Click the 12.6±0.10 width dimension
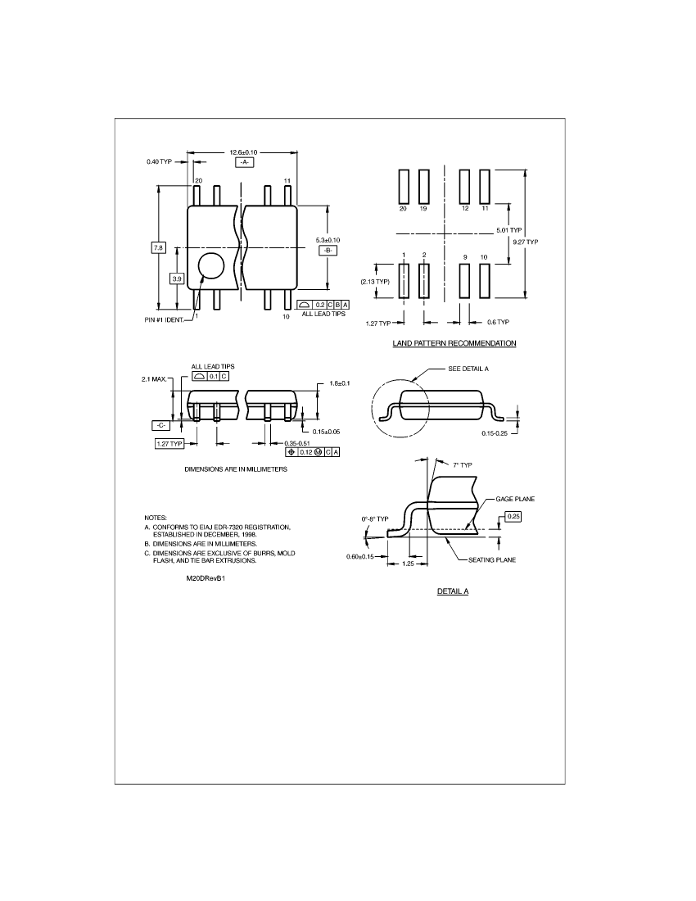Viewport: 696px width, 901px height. coord(243,152)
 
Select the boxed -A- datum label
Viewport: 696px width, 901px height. coord(244,163)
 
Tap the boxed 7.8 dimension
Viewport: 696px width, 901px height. coord(158,247)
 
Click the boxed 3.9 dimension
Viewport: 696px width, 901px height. coord(177,278)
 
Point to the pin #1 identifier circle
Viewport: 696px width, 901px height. coord(211,266)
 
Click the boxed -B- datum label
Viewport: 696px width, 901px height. coord(328,250)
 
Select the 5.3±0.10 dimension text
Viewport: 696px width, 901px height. coord(328,240)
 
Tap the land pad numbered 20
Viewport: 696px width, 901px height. coord(403,186)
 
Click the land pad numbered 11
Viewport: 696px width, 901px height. coord(485,186)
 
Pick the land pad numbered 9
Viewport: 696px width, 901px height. coord(464,280)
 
